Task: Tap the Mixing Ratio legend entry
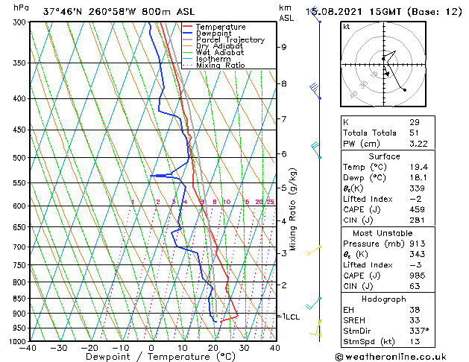point(221,65)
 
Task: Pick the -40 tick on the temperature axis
point(28,348)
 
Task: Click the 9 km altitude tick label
point(284,47)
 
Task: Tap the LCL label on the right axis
point(292,317)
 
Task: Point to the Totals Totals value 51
point(415,133)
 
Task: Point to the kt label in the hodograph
point(347,26)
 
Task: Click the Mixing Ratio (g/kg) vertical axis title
point(295,209)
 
